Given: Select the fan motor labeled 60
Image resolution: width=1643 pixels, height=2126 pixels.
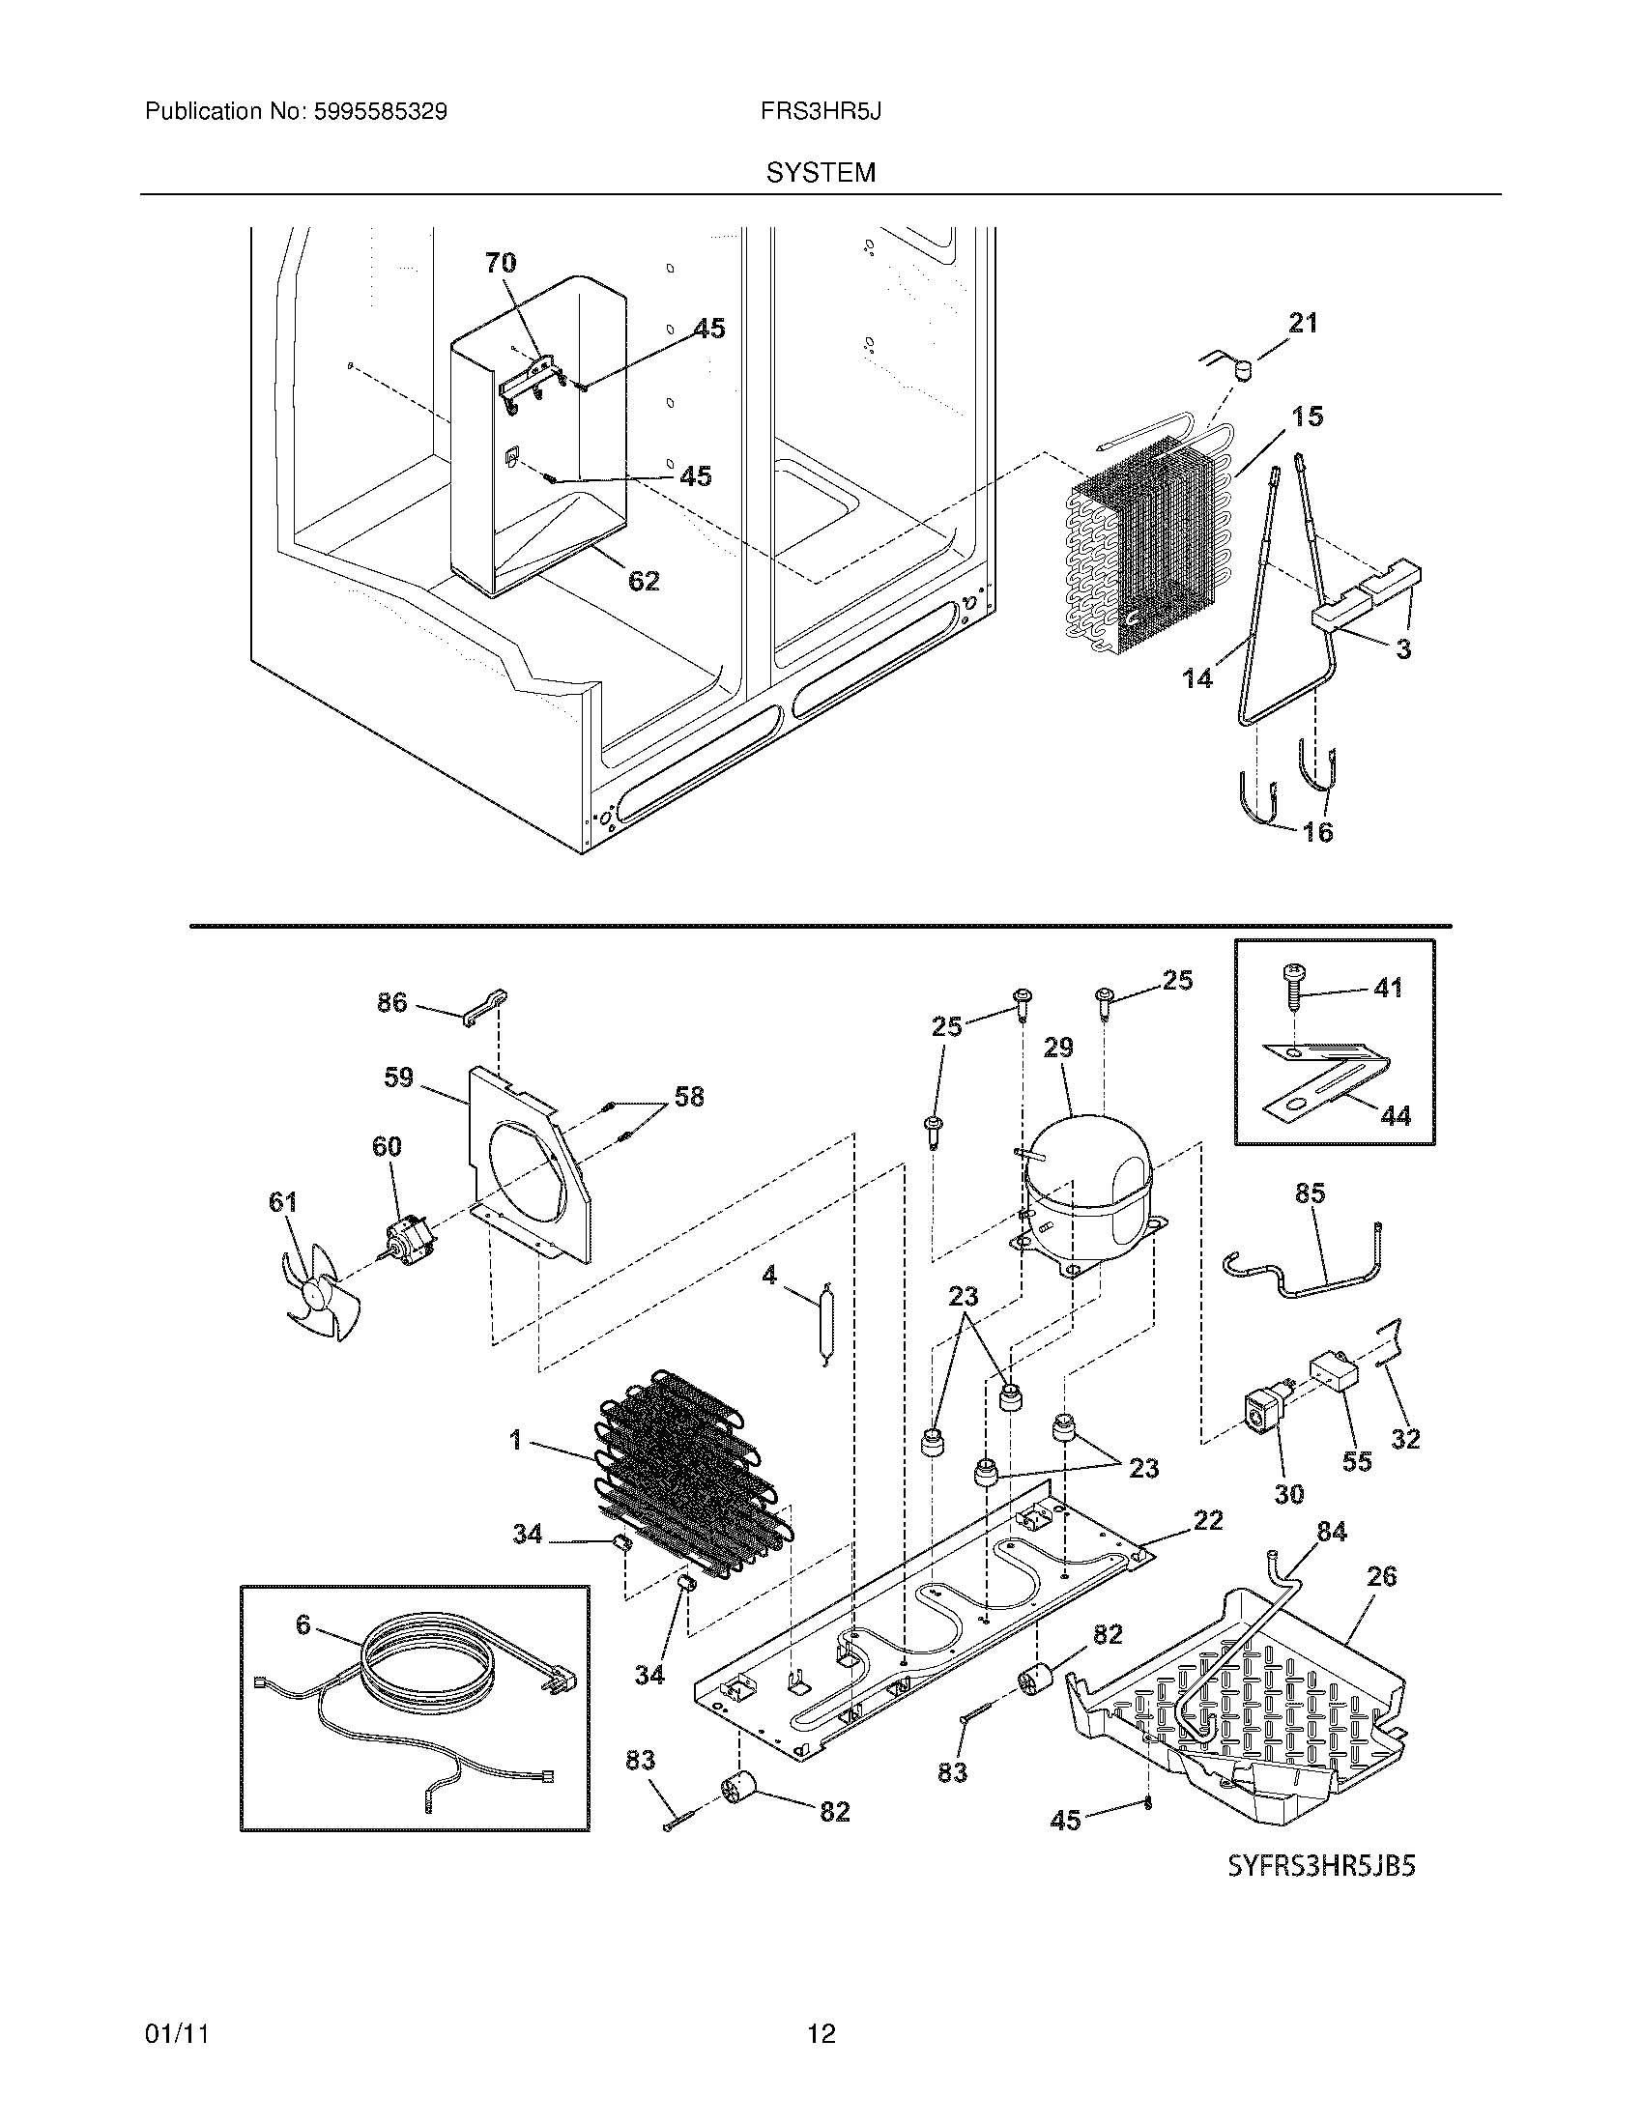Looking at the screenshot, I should [407, 1241].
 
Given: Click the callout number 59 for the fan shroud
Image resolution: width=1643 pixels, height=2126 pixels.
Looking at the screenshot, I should [398, 1077].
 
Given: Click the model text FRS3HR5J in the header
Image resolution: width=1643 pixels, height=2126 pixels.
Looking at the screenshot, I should [821, 111].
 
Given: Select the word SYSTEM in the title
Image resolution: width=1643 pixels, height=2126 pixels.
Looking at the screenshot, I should [821, 173].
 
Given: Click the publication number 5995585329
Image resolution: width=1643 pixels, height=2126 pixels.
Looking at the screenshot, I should [380, 111].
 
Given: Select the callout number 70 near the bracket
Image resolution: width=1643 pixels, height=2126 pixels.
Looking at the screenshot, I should [501, 262].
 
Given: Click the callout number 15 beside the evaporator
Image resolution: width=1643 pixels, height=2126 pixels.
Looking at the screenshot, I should [1308, 417].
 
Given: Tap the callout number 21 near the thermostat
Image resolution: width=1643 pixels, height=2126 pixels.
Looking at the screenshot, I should [1303, 322].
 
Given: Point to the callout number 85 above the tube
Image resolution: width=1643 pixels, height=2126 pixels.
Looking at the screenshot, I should [1311, 1193].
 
